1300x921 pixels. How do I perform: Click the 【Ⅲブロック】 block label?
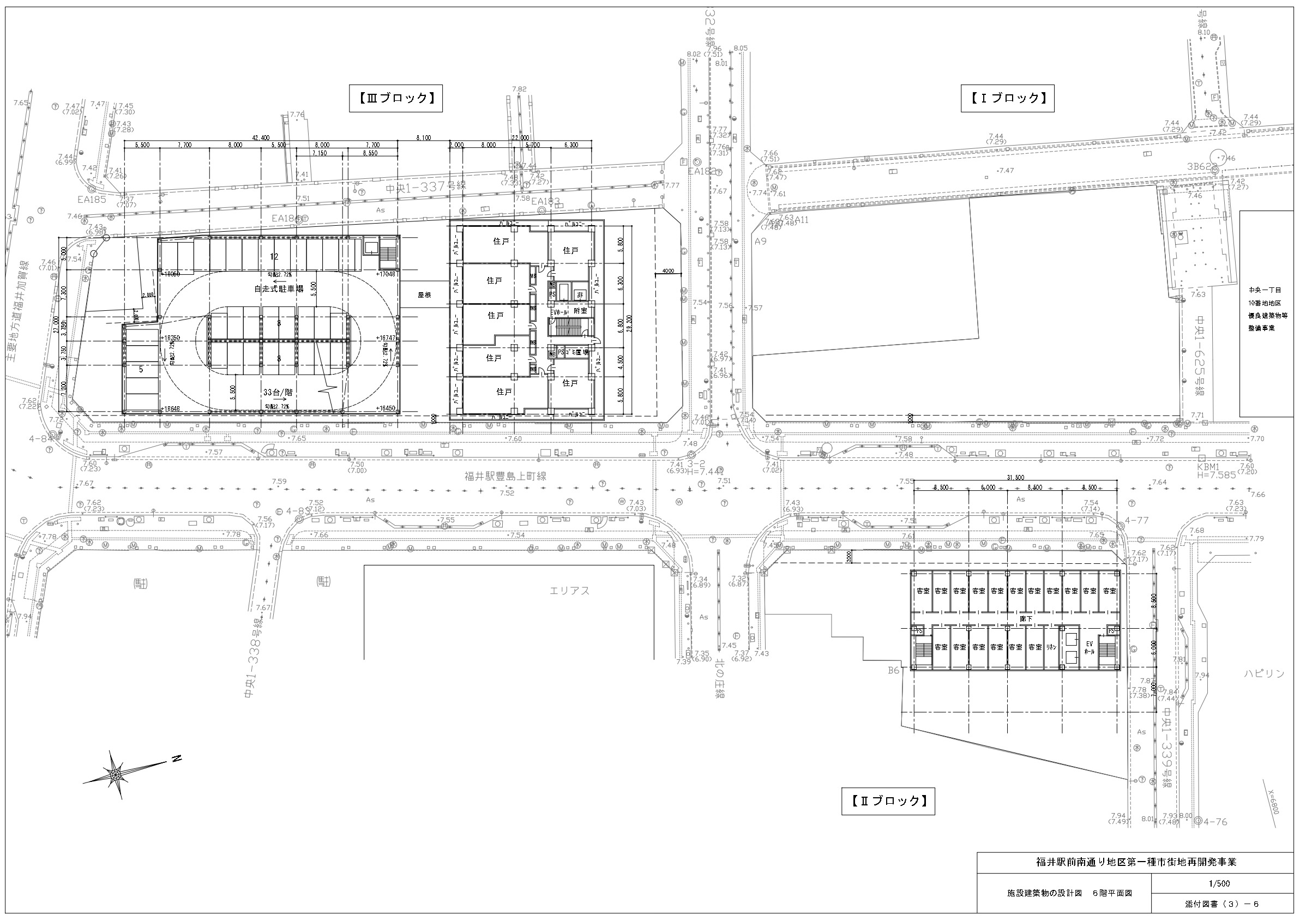(395, 98)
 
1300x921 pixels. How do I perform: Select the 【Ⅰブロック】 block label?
(1007, 98)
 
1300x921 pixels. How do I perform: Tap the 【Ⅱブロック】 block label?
(888, 801)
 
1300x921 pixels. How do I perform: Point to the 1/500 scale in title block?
(1219, 883)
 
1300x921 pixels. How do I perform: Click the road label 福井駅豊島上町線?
(505, 477)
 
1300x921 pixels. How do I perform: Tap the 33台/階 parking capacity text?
(279, 392)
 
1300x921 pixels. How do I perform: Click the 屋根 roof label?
(425, 296)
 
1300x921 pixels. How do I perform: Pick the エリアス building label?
(569, 591)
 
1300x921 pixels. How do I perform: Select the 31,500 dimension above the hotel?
(1016, 478)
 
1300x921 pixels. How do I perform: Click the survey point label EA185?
(92, 200)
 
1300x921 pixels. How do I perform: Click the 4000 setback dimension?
(669, 270)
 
